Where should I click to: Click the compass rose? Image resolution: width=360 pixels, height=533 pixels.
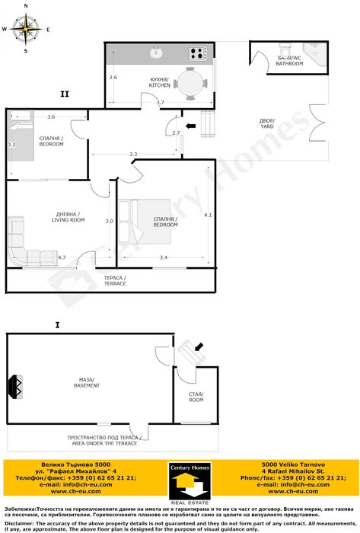(x=26, y=30)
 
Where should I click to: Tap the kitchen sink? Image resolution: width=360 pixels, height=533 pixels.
(x=156, y=53)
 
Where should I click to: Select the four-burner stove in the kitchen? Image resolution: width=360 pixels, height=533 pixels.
(x=198, y=53)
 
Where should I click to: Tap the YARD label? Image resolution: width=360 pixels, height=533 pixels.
(x=266, y=123)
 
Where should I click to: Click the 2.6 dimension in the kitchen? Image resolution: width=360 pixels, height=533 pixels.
(x=113, y=78)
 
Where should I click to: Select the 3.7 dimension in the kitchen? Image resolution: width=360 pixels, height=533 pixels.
(x=160, y=102)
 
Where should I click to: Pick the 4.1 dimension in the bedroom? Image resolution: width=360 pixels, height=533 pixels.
(x=208, y=215)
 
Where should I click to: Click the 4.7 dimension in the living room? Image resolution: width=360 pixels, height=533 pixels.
(x=62, y=257)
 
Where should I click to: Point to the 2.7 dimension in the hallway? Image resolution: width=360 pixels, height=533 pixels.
(x=176, y=133)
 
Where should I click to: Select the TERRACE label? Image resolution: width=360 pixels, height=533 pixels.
(x=116, y=281)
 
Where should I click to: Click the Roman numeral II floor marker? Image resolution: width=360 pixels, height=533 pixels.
(x=65, y=94)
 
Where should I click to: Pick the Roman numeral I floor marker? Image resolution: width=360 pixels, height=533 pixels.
(x=58, y=325)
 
